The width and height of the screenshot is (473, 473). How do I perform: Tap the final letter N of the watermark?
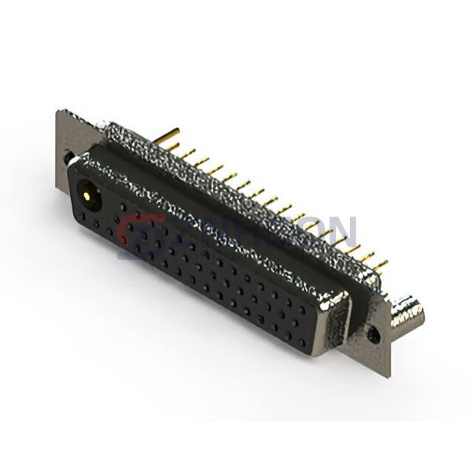pos(345,229)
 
